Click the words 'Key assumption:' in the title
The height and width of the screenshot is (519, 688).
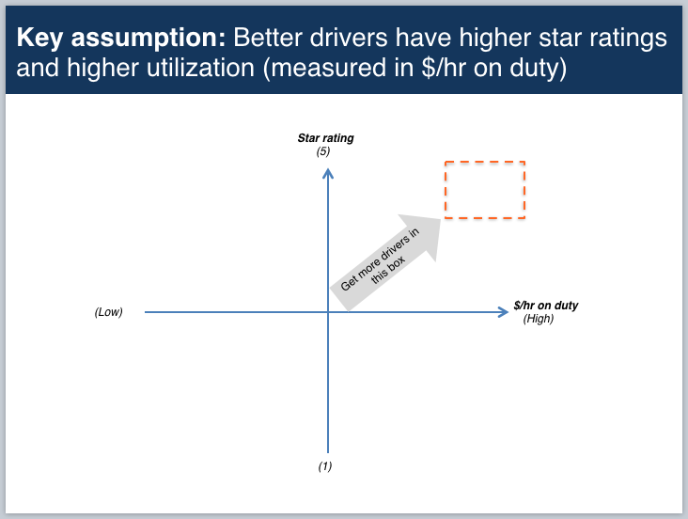pos(120,39)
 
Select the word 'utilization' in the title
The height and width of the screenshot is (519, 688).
pos(200,68)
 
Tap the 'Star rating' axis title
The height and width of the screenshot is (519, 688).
pos(325,138)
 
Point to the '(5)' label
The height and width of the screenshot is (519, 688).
pos(323,151)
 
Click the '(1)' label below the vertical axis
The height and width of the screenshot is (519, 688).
pos(325,465)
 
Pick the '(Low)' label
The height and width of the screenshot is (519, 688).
pos(108,312)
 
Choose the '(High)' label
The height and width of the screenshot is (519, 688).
pos(539,319)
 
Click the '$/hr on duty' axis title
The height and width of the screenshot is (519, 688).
pos(546,306)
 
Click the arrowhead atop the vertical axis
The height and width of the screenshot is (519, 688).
pos(328,173)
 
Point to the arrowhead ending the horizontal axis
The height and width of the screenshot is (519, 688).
pos(504,312)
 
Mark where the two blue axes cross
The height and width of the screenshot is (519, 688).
pos(328,312)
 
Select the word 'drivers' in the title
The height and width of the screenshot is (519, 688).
pos(349,38)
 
